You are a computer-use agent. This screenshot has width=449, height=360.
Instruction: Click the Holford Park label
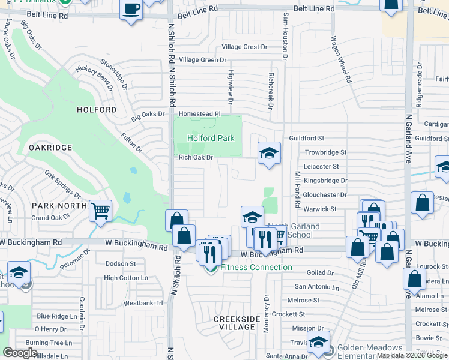[211, 138]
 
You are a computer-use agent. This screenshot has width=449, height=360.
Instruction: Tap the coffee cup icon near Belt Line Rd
[131, 10]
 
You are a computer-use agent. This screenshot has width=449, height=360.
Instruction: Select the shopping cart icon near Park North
[101, 211]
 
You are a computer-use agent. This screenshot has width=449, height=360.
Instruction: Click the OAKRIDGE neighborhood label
[50, 148]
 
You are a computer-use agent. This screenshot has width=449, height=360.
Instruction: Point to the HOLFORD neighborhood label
[97, 110]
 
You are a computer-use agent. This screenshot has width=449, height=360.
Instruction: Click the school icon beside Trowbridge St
[269, 153]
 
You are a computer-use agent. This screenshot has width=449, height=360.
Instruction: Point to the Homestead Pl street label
[200, 113]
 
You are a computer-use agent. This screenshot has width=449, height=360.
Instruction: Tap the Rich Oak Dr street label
[196, 158]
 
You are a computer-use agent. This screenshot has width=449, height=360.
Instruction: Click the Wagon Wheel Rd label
[340, 58]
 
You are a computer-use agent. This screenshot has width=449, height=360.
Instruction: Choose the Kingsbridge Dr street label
[325, 181]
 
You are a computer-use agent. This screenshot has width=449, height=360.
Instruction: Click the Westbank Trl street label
[143, 304]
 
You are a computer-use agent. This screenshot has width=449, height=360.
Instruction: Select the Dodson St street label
[121, 264]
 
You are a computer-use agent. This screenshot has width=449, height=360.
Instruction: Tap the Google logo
[20, 353]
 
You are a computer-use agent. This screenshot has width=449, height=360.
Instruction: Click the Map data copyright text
[412, 355]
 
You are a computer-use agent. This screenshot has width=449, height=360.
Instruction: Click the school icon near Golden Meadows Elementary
[318, 342]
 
